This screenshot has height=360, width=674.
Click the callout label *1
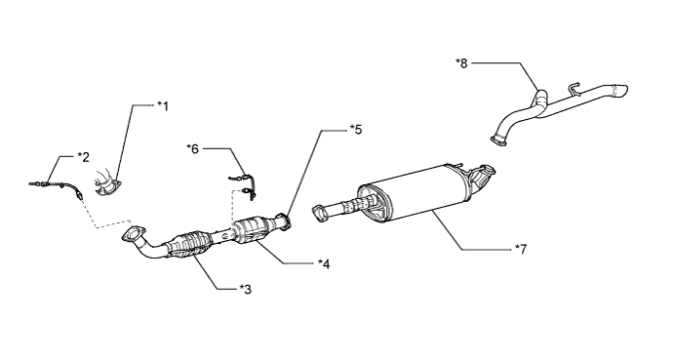point(163,105)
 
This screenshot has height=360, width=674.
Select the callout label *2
point(83,157)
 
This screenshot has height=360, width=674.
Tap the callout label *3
point(246,290)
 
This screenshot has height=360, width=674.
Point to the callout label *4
point(324,263)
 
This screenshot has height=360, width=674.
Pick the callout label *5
point(356,129)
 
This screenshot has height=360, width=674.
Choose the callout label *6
point(192,149)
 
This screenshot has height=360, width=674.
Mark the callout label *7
point(521,249)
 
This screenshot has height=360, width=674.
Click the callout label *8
point(461,63)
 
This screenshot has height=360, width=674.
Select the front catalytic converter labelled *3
point(189,245)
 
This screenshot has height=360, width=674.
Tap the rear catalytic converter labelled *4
point(252,231)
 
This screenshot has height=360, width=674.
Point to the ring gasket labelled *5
point(284,220)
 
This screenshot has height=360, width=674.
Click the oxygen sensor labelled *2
point(56,186)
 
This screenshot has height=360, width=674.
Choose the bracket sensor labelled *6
point(243,186)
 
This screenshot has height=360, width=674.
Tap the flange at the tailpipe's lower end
point(498,140)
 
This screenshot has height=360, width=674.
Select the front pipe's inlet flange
point(134,233)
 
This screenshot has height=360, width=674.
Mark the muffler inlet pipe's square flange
point(319,214)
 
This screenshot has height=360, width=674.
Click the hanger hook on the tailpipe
point(574,88)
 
